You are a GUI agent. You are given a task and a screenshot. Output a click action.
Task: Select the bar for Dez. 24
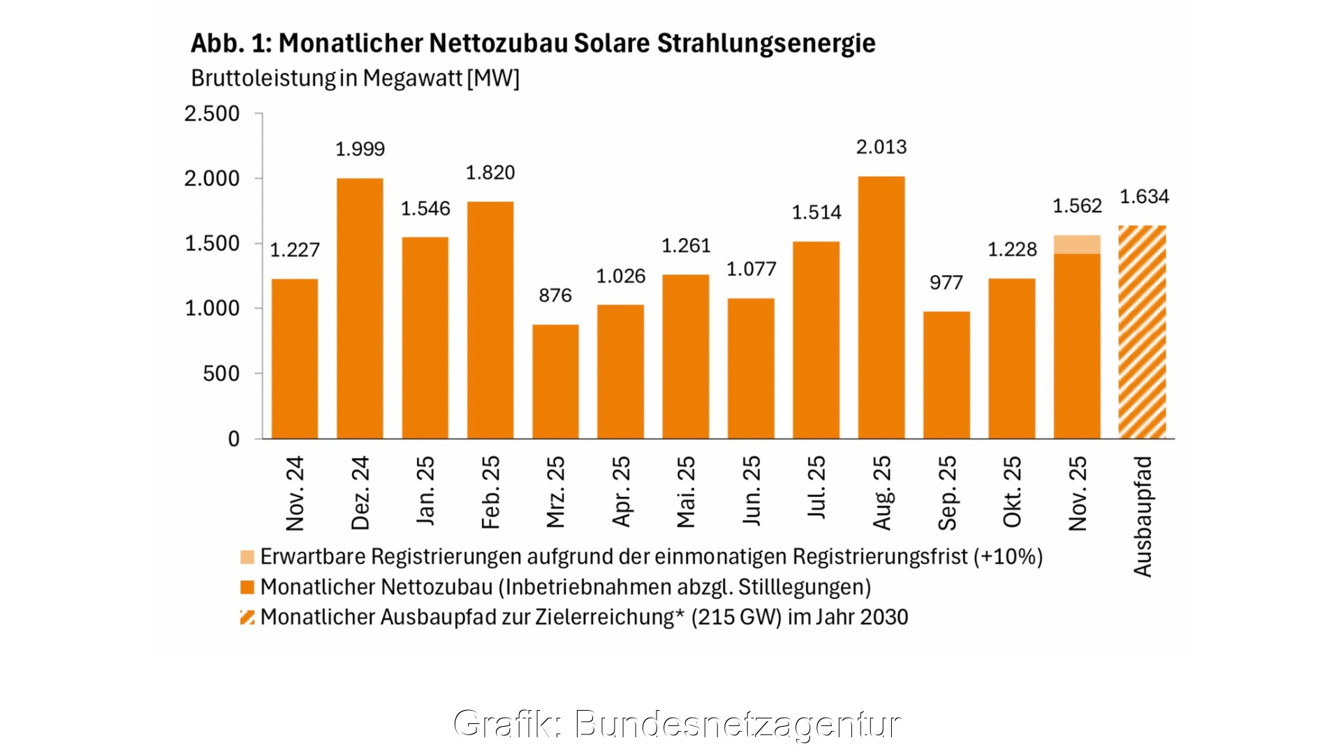click(360, 308)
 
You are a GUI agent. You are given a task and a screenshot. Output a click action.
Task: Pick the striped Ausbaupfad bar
click(1142, 332)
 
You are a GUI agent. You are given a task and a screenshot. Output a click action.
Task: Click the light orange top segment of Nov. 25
click(1076, 244)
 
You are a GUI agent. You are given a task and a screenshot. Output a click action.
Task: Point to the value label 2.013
click(881, 147)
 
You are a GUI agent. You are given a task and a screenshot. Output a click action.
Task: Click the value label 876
click(555, 295)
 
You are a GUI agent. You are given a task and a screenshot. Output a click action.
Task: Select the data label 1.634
click(1144, 197)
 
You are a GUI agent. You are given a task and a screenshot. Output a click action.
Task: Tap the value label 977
click(946, 283)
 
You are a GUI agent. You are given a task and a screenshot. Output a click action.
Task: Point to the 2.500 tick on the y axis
click(212, 114)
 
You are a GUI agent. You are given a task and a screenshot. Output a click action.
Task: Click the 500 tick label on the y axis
click(221, 374)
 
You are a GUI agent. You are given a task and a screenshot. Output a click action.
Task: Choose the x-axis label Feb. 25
click(491, 492)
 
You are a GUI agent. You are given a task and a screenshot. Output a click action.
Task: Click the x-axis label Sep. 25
click(947, 492)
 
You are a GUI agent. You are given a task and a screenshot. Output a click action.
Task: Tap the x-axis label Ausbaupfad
click(1143, 517)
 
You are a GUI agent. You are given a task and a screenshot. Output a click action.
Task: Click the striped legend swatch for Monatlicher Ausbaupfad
click(247, 617)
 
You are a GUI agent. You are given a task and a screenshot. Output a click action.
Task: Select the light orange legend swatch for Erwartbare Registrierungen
click(247, 556)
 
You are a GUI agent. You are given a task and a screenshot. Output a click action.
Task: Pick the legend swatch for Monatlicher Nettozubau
click(247, 587)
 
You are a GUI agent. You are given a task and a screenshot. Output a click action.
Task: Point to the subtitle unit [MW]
click(493, 78)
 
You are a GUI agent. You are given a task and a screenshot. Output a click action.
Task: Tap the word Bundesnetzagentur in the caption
click(738, 723)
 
